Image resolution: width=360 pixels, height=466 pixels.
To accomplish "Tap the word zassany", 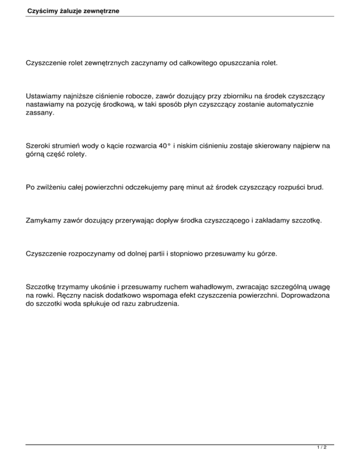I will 40,114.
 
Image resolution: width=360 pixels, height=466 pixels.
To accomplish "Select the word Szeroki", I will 38,145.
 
